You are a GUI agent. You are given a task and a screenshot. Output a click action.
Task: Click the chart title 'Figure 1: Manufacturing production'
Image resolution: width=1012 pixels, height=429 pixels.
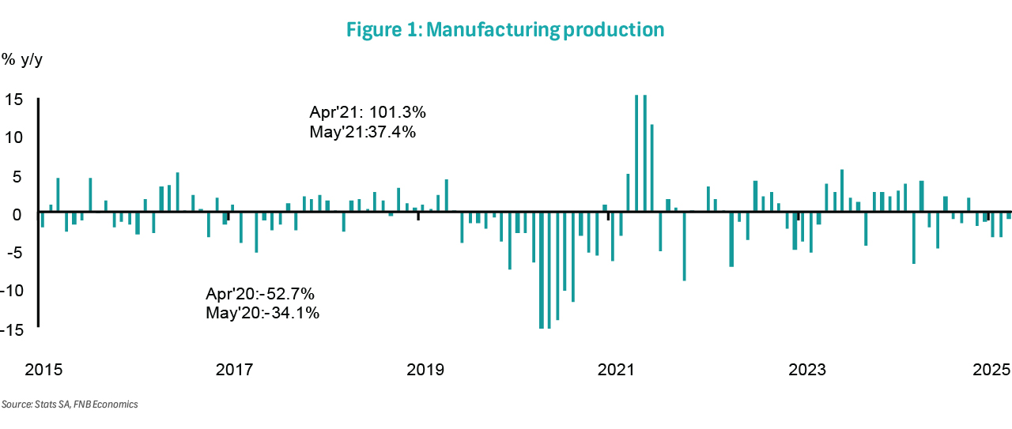pyautogui.click(x=505, y=30)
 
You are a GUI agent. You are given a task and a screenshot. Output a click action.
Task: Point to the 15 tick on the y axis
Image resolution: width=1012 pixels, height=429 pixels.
pyautogui.click(x=13, y=100)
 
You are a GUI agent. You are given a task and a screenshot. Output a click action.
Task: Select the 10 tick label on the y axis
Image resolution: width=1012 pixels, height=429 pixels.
pyautogui.click(x=13, y=137)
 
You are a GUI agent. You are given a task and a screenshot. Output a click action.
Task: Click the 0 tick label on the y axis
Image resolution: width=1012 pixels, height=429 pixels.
pyautogui.click(x=17, y=213)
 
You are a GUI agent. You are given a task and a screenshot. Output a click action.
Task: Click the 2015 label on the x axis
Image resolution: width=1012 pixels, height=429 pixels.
pyautogui.click(x=43, y=370)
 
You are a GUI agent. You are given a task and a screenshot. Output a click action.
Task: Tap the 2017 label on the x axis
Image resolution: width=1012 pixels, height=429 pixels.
pyautogui.click(x=234, y=370)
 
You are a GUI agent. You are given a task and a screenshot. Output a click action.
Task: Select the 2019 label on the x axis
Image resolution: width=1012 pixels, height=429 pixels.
pyautogui.click(x=425, y=370)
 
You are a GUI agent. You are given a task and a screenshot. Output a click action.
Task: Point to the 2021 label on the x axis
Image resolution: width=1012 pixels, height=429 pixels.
pyautogui.click(x=617, y=370)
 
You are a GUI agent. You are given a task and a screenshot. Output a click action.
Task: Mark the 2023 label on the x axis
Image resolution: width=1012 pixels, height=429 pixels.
pyautogui.click(x=808, y=370)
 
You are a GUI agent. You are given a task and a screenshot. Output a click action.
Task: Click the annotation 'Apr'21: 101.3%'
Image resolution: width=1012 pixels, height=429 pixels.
pyautogui.click(x=368, y=111)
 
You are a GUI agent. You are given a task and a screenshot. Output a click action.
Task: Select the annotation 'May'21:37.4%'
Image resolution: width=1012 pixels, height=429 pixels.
pyautogui.click(x=363, y=131)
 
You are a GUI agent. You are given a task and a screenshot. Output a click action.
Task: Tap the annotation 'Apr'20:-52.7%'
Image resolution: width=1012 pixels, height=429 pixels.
pyautogui.click(x=260, y=294)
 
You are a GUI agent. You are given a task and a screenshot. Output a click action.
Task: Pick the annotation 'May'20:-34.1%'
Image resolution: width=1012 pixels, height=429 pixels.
pyautogui.click(x=262, y=313)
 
